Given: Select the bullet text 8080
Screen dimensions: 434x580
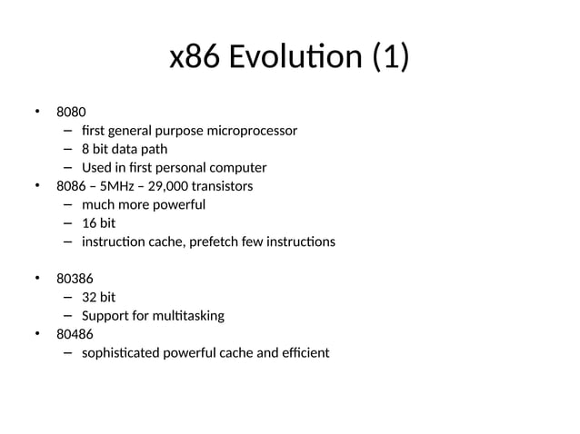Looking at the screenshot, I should (x=72, y=113).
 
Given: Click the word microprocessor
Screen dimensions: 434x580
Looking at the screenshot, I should (x=252, y=131).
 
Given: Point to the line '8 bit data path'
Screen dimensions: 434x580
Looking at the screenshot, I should (x=125, y=149).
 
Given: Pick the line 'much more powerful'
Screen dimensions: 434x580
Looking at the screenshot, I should (x=144, y=204).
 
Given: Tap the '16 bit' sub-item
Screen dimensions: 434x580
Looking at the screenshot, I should (x=98, y=223).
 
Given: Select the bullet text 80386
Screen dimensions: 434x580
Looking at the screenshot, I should (x=75, y=279).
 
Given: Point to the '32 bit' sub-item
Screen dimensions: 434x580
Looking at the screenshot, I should (x=98, y=297).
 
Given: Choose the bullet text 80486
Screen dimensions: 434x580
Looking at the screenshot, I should (x=75, y=334).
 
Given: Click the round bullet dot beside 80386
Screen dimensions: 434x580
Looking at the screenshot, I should (x=38, y=278).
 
